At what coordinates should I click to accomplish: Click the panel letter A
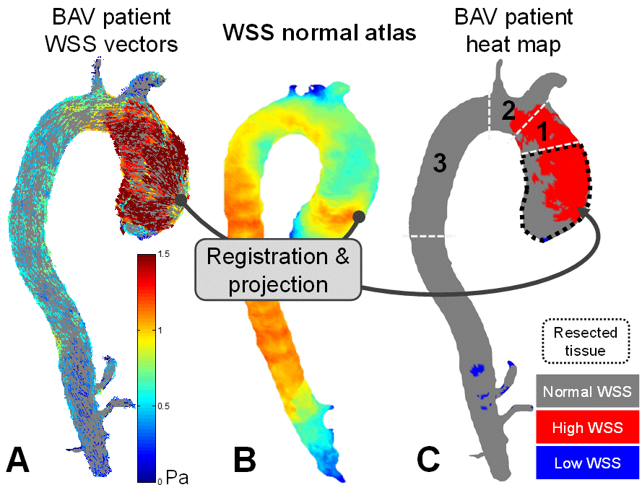point(18,460)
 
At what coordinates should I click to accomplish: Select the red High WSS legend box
point(587,428)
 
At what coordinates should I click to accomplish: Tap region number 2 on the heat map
point(508,111)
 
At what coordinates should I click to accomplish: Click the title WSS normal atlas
point(319,32)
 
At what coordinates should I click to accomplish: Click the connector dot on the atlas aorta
point(359,216)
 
